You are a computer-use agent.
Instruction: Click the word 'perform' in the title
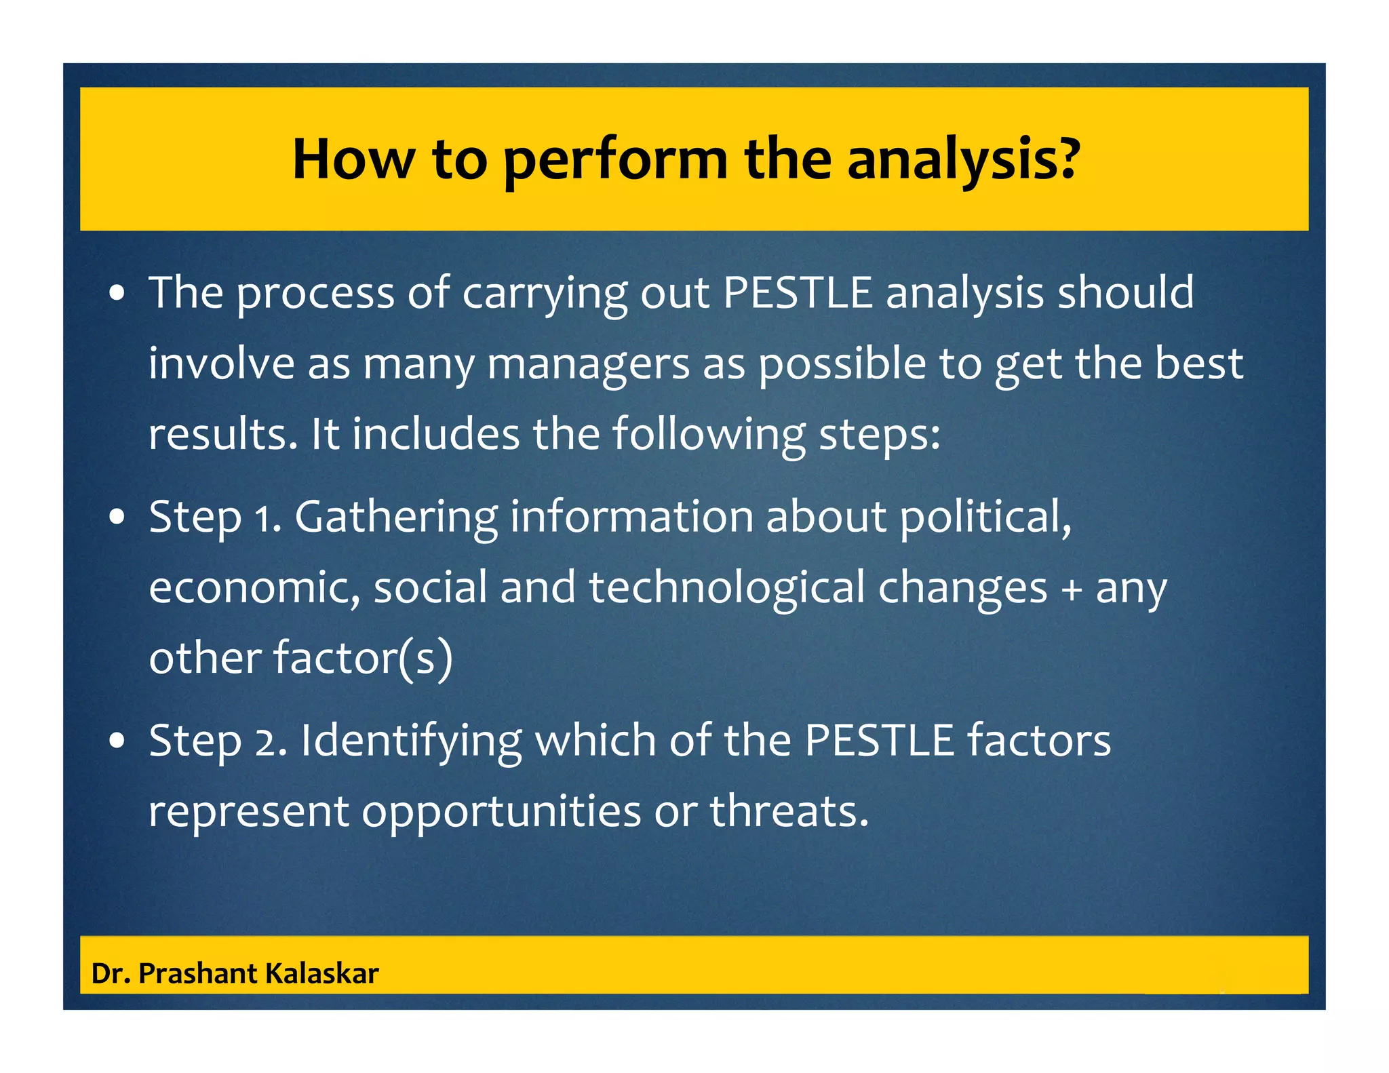tap(615, 161)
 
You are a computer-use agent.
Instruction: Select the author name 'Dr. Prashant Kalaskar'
tap(235, 973)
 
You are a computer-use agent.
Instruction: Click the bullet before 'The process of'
tap(118, 294)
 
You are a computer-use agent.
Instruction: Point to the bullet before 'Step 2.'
tap(118, 741)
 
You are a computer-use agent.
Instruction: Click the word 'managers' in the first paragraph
tap(588, 365)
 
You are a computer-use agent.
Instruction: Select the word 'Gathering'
tap(395, 517)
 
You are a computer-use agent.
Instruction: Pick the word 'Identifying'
tap(411, 741)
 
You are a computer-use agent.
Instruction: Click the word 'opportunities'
tap(501, 813)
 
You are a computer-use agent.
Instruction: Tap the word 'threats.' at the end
tap(789, 811)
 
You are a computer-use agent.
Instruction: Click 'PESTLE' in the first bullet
tap(798, 293)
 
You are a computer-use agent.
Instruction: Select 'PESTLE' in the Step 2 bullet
tap(879, 740)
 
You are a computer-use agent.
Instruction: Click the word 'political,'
tap(985, 517)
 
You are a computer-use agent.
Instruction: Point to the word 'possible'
tap(842, 365)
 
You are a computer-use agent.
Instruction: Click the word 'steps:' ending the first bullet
tap(880, 435)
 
